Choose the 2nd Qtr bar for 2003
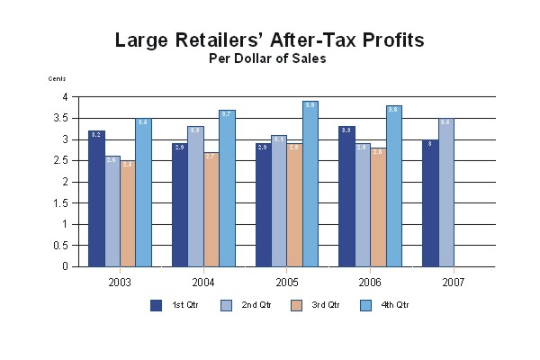112,211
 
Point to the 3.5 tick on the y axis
62,118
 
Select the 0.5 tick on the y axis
62,246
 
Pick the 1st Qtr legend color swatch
156,305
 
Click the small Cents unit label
57,79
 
